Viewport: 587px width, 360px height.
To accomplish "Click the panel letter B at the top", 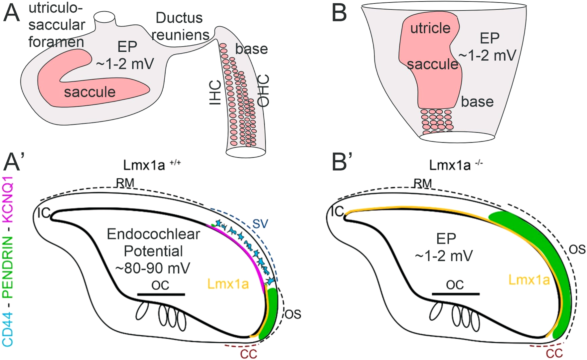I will click(x=339, y=14).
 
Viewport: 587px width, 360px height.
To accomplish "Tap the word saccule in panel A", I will click(x=90, y=92).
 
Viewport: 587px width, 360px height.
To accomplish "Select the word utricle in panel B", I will click(x=430, y=28).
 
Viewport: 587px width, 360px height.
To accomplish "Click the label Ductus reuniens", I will click(x=180, y=26).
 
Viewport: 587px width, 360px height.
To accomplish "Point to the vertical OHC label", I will click(x=264, y=91).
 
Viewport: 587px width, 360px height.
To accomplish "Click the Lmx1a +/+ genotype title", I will click(x=152, y=165).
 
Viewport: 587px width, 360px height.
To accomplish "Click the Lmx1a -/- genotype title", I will click(x=456, y=165).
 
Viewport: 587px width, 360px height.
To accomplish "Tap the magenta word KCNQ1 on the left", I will click(x=7, y=199).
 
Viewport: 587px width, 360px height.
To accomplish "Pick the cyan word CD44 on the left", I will click(x=7, y=329).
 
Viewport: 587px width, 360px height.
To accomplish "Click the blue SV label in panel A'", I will click(x=260, y=223).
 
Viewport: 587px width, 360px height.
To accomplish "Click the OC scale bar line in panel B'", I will click(x=455, y=294).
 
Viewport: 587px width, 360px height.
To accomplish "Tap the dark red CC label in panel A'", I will click(x=249, y=354).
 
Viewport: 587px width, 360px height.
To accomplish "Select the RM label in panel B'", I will click(x=422, y=183).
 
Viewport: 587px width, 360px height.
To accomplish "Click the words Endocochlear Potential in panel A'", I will click(x=153, y=242).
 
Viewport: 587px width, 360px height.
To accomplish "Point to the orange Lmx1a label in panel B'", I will click(x=529, y=280).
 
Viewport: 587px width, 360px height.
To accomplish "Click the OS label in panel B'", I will click(x=577, y=249).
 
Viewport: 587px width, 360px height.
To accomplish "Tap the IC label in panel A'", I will click(x=43, y=213).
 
